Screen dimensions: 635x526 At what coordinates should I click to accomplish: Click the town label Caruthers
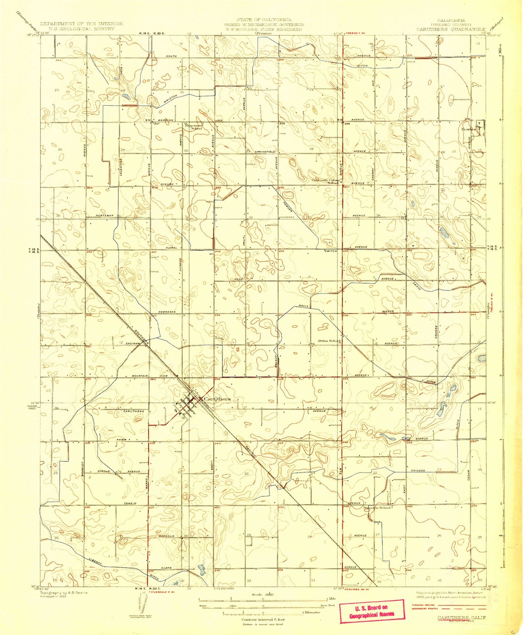(217, 399)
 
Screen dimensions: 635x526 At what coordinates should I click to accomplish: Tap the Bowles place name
(468, 129)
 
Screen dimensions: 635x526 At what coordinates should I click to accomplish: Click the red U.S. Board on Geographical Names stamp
(371, 611)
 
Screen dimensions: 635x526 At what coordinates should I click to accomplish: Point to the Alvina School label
(329, 341)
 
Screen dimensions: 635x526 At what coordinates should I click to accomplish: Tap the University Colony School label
(325, 181)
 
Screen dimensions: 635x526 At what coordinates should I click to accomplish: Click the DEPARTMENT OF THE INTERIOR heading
(82, 24)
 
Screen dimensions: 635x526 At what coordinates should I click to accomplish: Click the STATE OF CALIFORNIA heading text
(264, 20)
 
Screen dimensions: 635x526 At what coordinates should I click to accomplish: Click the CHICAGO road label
(418, 470)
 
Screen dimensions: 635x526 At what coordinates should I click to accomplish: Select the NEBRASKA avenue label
(167, 312)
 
